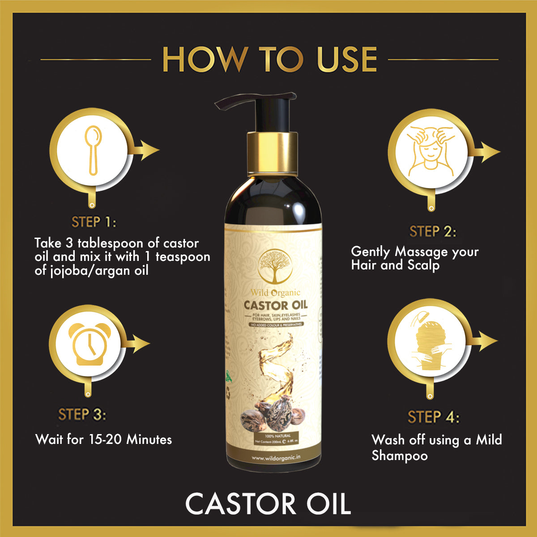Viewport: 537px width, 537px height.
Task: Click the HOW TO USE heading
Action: click(x=269, y=59)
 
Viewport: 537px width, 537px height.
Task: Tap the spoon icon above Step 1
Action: click(x=93, y=151)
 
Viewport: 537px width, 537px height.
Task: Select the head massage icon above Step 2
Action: click(x=430, y=151)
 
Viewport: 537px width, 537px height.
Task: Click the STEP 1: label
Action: click(x=94, y=222)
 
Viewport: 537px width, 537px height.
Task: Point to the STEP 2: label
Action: click(x=433, y=232)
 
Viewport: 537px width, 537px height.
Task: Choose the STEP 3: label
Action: click(x=82, y=414)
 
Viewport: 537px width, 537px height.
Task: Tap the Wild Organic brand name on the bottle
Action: click(x=275, y=293)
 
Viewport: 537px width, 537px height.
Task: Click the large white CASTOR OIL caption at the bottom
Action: click(x=268, y=504)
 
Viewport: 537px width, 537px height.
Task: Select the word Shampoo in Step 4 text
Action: click(x=399, y=456)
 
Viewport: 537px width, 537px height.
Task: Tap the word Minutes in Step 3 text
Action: click(x=149, y=439)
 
